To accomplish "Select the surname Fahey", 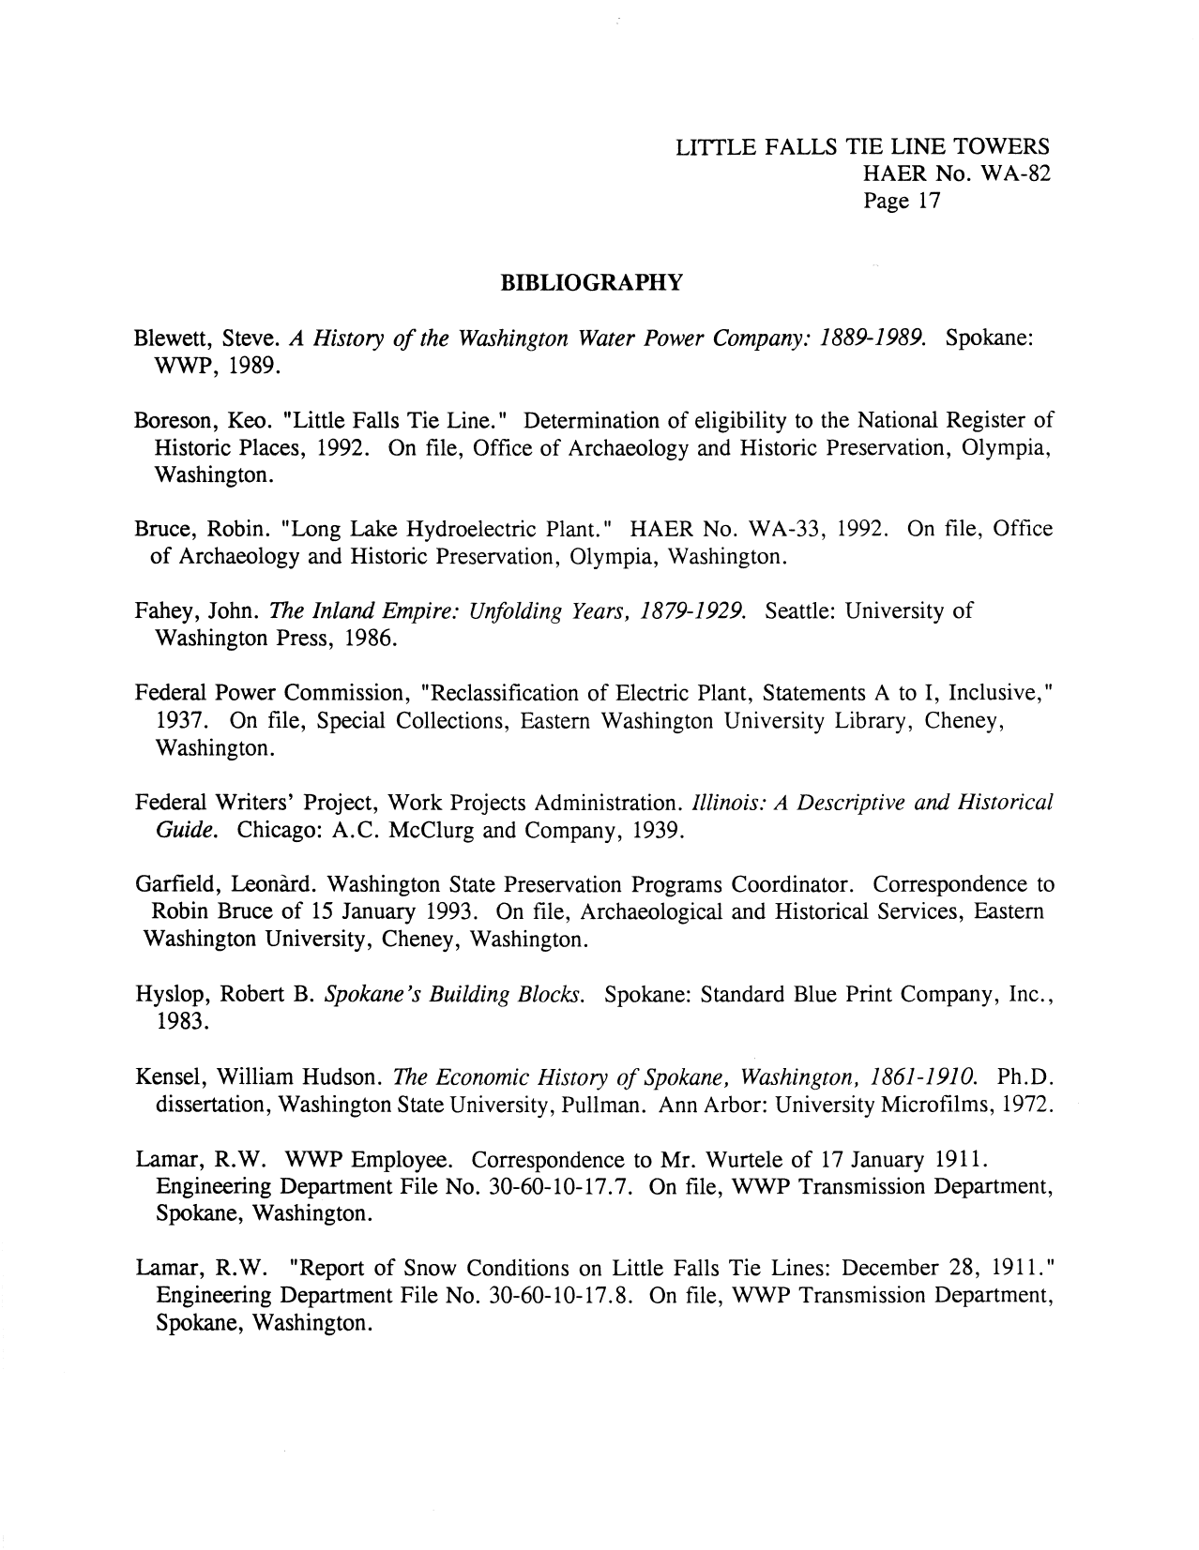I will [x=167, y=612].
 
